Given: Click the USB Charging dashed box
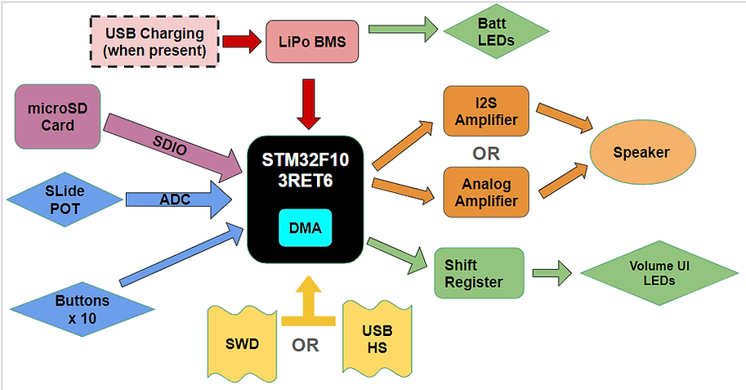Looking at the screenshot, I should pos(154,40).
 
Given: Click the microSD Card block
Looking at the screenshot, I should pos(58,116).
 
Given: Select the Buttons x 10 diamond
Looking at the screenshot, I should pos(83,309).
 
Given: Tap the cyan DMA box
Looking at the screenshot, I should pos(306,228).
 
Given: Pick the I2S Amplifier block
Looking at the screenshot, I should pos(485,113).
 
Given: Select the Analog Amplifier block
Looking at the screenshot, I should pos(485,191).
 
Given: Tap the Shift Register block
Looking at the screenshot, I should pos(478,274).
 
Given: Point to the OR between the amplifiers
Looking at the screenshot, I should pos(485,153).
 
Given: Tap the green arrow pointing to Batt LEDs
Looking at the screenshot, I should pos(404,31).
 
